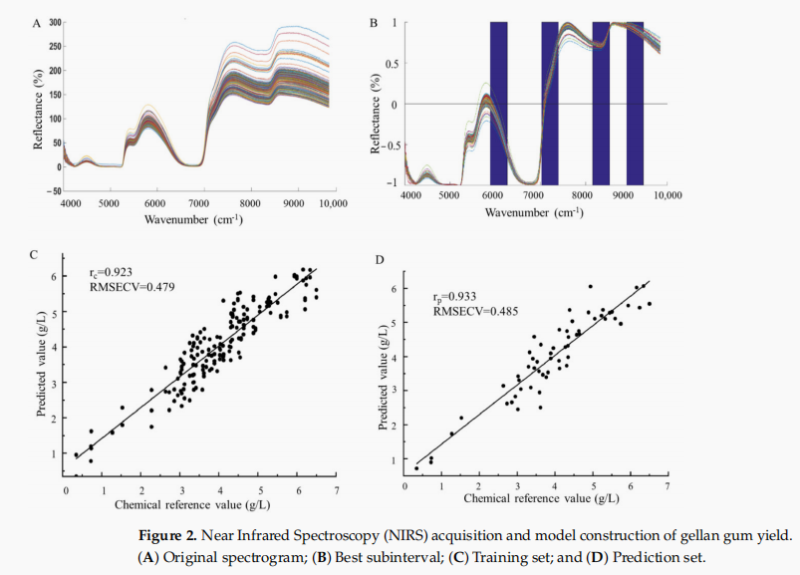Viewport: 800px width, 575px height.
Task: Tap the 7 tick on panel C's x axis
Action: click(x=336, y=491)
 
